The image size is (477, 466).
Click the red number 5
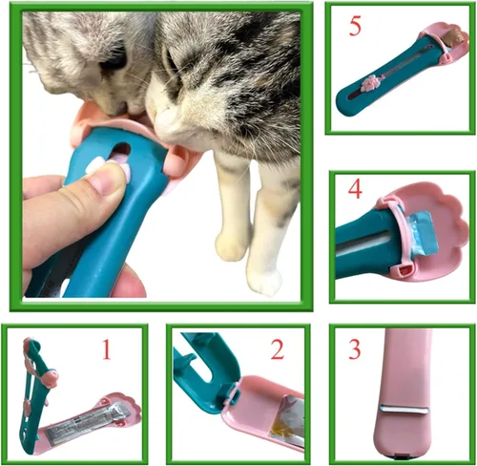354,27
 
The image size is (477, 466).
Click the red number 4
353,189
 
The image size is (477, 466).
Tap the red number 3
354,349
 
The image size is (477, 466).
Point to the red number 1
106,350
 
